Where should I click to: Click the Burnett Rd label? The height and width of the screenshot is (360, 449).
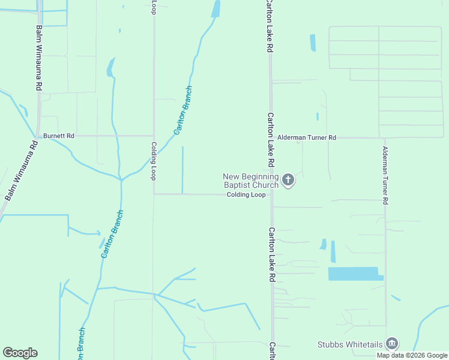[58, 136]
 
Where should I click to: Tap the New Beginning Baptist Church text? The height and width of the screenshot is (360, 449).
[251, 181]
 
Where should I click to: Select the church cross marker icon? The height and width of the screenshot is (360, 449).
[288, 179]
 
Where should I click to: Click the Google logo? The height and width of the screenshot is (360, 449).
[20, 353]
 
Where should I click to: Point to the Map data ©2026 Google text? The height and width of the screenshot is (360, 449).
[411, 355]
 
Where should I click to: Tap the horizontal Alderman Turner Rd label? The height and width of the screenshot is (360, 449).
[307, 137]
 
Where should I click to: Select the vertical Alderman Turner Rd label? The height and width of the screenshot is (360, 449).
[385, 175]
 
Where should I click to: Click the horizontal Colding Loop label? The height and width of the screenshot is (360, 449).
[246, 195]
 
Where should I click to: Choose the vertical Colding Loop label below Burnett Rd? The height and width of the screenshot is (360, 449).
[154, 161]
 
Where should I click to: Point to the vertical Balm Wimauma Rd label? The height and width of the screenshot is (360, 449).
[38, 58]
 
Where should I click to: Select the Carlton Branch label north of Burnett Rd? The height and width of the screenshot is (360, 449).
[183, 110]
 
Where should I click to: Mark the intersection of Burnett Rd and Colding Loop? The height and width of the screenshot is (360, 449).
[154, 136]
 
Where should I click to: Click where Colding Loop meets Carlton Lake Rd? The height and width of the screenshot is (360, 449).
[272, 194]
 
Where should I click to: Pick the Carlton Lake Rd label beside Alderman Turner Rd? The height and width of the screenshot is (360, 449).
[271, 140]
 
